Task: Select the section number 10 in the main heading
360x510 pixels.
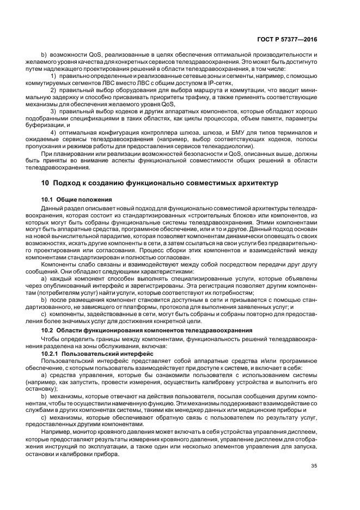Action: coord(45,183)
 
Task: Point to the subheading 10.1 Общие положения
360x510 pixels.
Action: coord(77,199)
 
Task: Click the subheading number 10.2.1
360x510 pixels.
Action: coord(53,354)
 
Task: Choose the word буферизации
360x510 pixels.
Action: coord(59,125)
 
